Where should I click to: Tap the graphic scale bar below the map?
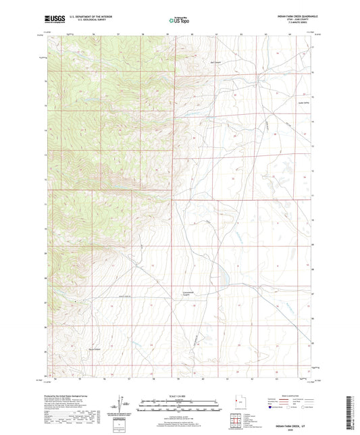[180, 407]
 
